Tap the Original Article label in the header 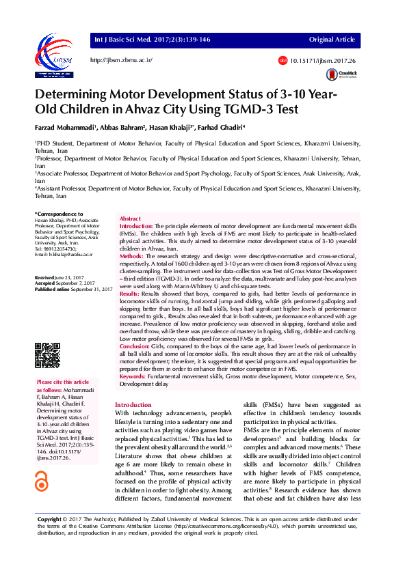pos(332,40)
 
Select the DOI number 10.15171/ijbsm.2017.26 pos(320,61)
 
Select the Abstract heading pos(131,217)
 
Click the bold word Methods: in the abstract pos(132,255)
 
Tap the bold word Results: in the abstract pos(131,293)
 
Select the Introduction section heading pos(133,405)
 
